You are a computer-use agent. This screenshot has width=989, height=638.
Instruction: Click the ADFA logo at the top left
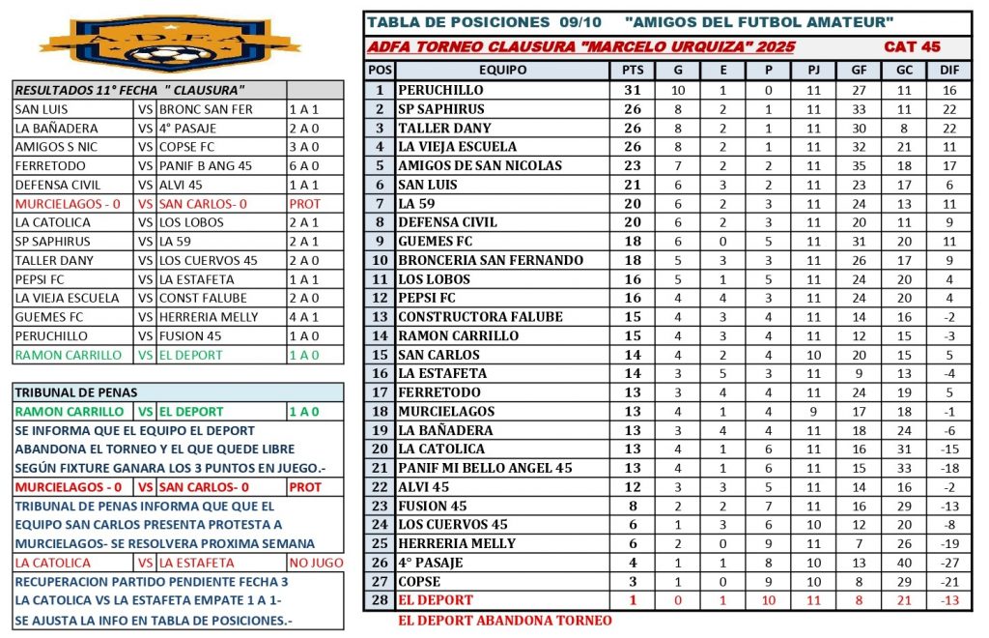[170, 43]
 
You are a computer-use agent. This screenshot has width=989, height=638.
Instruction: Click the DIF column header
[948, 71]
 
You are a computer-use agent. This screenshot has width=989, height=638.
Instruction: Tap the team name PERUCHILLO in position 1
[440, 90]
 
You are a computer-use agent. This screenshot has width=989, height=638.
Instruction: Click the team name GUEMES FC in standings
[437, 241]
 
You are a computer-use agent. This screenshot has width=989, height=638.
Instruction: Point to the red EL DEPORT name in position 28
[437, 600]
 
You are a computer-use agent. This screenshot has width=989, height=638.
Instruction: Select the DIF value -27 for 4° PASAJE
[948, 563]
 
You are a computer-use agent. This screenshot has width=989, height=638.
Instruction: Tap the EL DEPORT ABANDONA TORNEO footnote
[504, 621]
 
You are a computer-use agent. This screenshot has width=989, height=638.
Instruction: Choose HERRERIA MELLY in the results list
[204, 317]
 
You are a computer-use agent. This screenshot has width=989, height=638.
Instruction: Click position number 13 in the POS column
[381, 317]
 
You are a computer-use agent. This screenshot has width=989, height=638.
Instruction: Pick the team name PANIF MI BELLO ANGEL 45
[485, 468]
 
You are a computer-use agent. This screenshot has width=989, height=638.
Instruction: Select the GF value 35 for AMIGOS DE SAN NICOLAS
[859, 165]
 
